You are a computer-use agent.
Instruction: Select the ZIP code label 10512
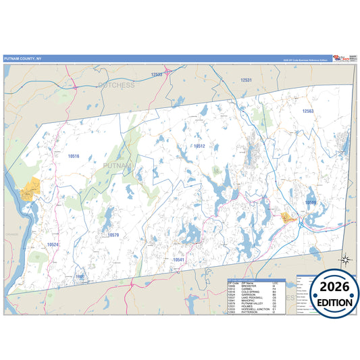pos(199,146)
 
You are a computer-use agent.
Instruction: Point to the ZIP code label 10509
pos(310,202)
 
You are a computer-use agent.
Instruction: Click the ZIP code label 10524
pos(53,244)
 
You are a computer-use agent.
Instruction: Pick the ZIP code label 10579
pos(113,235)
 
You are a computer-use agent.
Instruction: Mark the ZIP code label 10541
pos(178,259)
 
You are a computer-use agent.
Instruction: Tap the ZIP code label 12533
pos(157,75)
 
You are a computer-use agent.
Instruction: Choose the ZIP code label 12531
pos(246,80)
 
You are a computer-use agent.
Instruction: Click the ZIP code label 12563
pos(308,111)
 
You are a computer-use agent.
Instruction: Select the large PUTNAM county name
pos(118,164)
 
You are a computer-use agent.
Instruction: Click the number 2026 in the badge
pos(331,288)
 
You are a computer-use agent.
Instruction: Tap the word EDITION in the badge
pos(331,303)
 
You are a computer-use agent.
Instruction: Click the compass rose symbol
pos(345,259)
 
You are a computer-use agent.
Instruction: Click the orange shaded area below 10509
pos(288,217)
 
